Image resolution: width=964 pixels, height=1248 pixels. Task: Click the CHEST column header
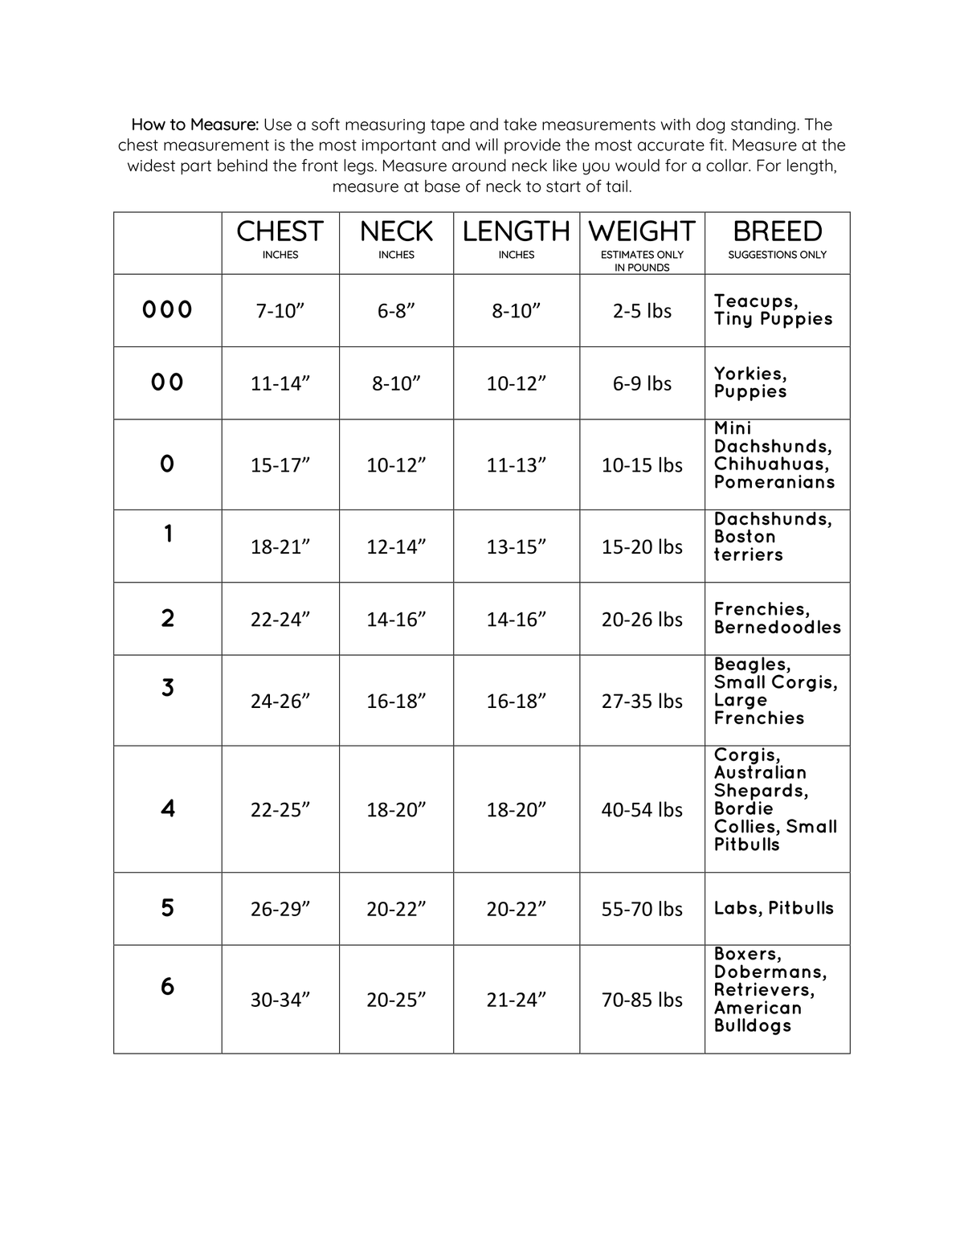pos(280,232)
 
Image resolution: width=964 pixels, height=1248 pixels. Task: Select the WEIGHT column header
pos(641,232)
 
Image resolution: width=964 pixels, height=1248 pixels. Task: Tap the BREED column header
pos(777,232)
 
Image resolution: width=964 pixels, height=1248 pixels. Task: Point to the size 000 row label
pos(167,310)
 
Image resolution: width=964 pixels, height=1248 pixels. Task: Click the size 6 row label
pos(167,986)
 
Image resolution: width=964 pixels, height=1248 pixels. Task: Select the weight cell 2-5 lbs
pos(642,311)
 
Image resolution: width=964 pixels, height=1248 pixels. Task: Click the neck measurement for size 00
pos(396,383)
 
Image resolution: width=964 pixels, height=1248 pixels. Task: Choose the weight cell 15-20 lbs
pos(642,546)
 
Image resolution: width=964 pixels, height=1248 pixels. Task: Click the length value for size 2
pos(516,620)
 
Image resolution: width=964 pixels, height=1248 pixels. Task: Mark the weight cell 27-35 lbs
pos(642,701)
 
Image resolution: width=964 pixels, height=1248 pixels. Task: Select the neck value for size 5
pos(396,909)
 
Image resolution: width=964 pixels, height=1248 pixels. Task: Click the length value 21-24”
pos(516,1000)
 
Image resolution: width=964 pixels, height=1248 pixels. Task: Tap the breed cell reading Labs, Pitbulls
pos(774,908)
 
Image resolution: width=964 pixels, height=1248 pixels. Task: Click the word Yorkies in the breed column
pos(750,374)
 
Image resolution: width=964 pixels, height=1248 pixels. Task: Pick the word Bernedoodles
pos(777,628)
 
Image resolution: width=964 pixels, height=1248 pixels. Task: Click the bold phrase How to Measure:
pos(195,125)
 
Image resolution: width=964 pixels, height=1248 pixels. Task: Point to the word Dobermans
pos(770,972)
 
